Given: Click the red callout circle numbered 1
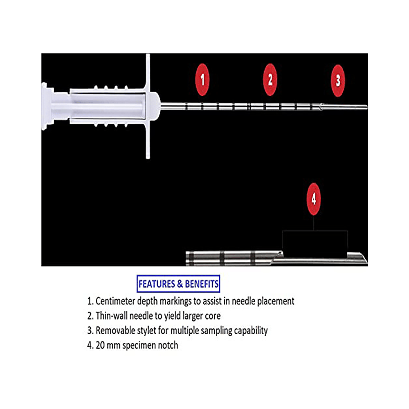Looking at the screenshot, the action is tap(202, 80).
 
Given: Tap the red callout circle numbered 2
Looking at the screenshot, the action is tap(270, 80).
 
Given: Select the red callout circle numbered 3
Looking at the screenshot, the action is tap(338, 81).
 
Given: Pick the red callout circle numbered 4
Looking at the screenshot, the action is tap(314, 199).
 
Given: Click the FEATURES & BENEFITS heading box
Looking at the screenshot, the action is tap(178, 284).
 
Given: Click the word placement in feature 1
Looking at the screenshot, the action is tap(276, 301).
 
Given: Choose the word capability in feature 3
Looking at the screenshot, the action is tap(251, 331).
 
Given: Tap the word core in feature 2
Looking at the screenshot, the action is tap(213, 316).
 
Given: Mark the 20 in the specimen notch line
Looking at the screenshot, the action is tap(100, 345).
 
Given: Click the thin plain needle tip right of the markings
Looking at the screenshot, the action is tap(344, 107).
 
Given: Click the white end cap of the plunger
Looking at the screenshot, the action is tap(47, 106).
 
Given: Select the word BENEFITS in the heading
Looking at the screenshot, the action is tap(202, 284).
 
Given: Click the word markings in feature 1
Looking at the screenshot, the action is tap(175, 301).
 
